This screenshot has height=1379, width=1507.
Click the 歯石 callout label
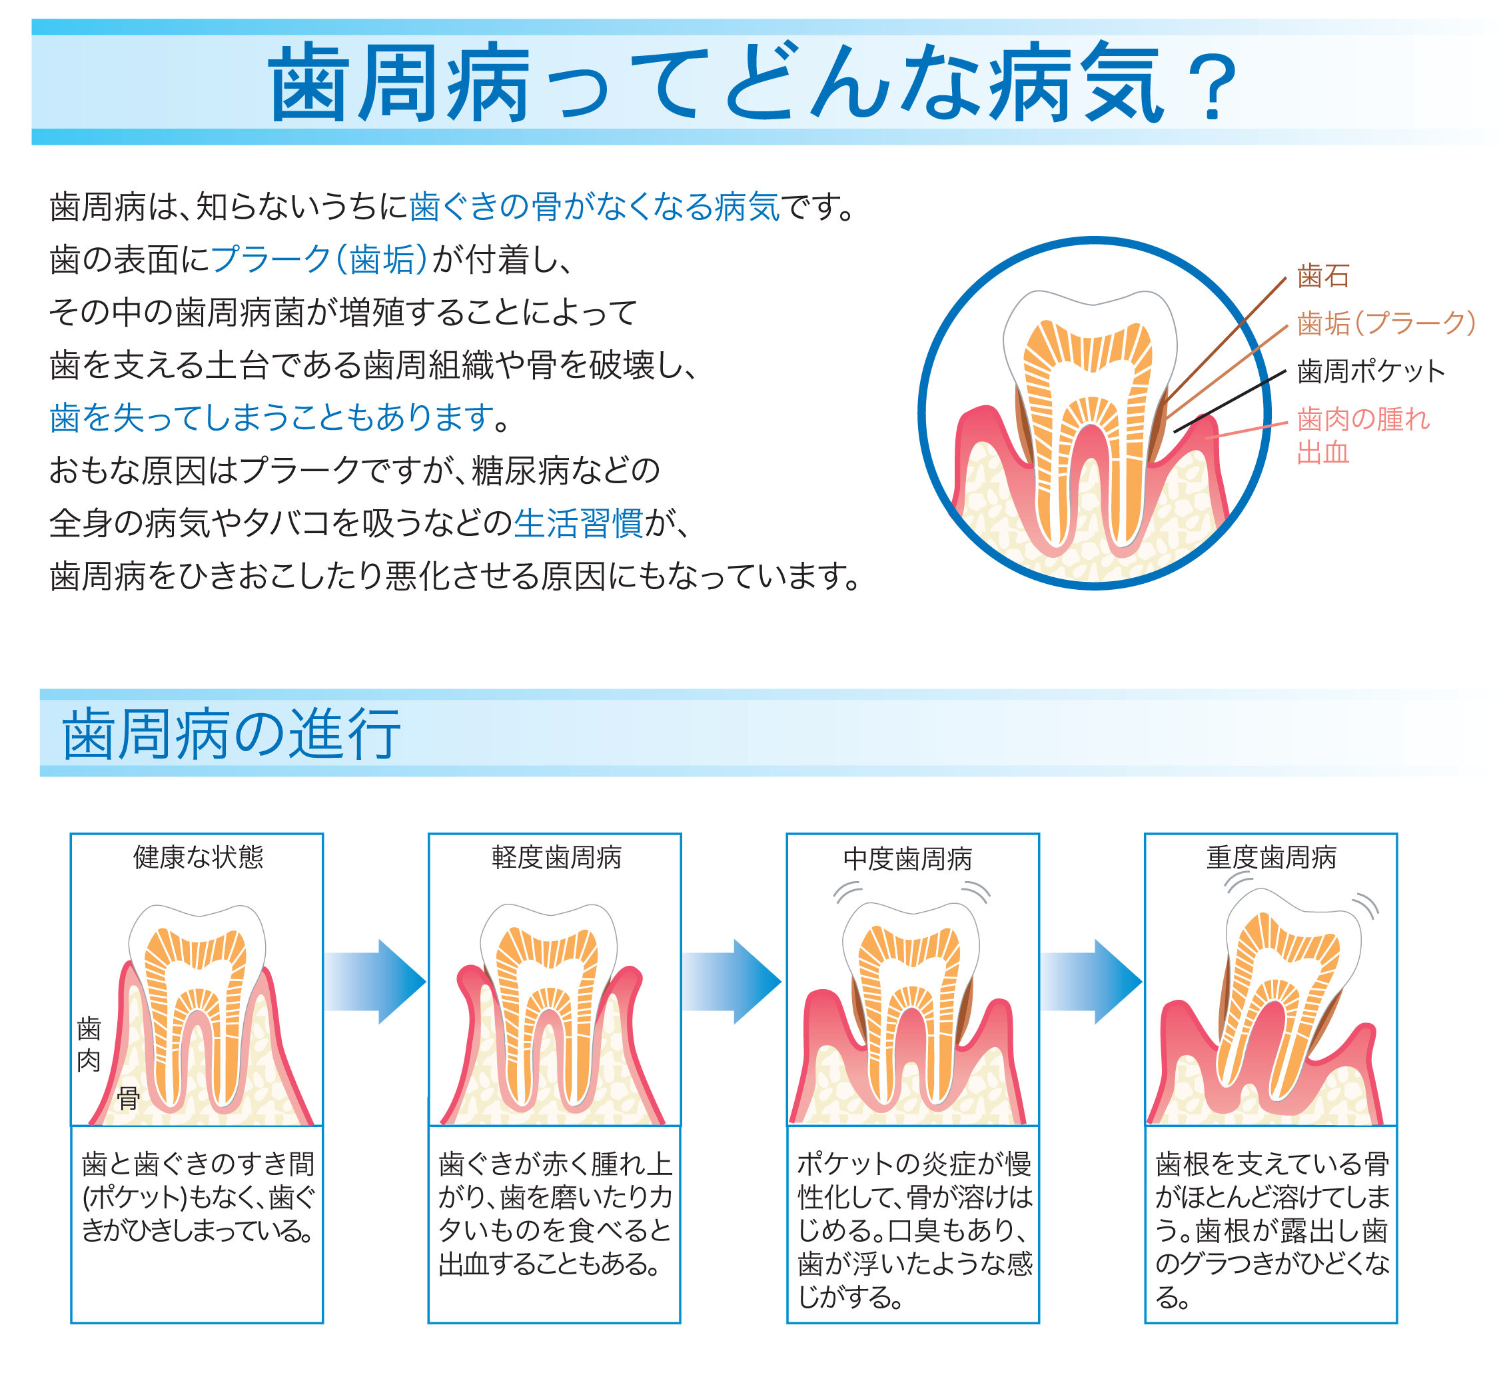(1322, 276)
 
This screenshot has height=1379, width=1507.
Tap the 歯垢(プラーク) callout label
(1386, 323)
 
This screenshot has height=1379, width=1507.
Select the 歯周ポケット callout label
(1371, 371)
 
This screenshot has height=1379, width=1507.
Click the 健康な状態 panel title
(198, 857)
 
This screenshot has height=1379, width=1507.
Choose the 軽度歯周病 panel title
(556, 857)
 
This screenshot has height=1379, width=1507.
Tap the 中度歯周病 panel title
(907, 859)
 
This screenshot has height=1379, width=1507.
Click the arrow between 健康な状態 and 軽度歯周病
(375, 981)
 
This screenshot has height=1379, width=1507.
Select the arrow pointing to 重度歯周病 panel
(1091, 981)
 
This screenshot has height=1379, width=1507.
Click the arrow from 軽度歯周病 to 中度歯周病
(733, 981)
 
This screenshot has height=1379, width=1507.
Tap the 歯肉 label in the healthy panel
(89, 1044)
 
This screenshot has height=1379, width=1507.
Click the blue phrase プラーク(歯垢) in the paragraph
(319, 259)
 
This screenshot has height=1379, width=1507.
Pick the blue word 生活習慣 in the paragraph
(578, 523)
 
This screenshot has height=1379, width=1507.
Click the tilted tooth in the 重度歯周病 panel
(1278, 994)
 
